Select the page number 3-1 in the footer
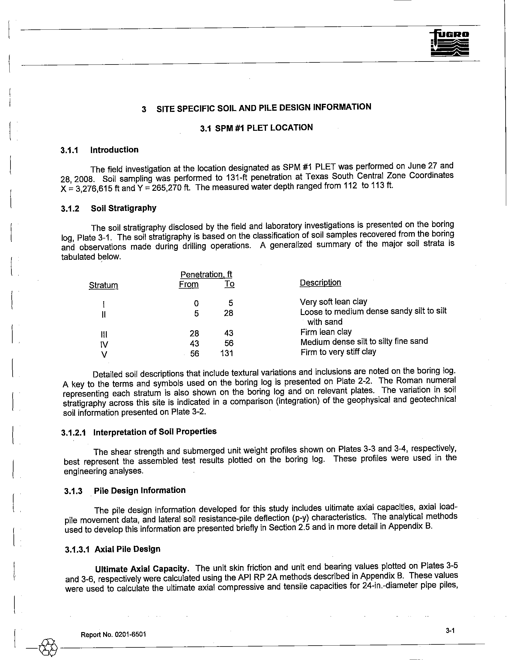coord(450,630)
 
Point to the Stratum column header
coord(103,285)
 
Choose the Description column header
coord(320,283)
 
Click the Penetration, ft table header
coord(206,274)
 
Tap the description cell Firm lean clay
coord(326,332)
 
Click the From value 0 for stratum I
coord(196,303)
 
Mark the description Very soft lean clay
coord(333,301)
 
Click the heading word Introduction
coord(114,150)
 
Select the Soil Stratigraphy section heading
coord(124,208)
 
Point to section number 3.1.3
coord(73,491)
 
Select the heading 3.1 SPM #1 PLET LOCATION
coord(256,128)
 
